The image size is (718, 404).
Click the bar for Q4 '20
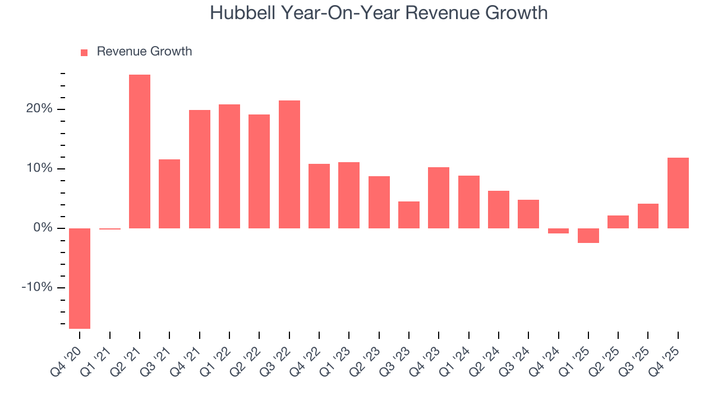[x=80, y=278]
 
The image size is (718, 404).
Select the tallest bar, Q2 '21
[x=140, y=151]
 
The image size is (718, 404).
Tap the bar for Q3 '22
[x=289, y=164]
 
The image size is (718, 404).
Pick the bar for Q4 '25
[x=678, y=193]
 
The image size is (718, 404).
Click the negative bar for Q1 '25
[x=588, y=236]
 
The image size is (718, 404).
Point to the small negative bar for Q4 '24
[x=558, y=231]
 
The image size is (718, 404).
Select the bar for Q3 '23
[x=409, y=215]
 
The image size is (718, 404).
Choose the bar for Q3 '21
[x=169, y=194]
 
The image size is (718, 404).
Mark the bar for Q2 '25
[x=618, y=222]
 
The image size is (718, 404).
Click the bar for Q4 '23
[x=439, y=198]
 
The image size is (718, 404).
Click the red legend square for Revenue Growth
[x=84, y=52]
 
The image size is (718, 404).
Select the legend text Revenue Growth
[x=144, y=52]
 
